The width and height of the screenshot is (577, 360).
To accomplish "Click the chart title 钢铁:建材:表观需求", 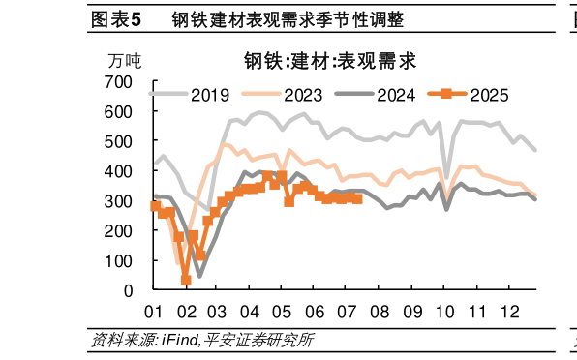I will [x=329, y=61].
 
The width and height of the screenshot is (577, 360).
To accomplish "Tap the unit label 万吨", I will [x=125, y=61].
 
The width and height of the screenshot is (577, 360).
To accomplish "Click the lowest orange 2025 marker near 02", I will [x=186, y=281].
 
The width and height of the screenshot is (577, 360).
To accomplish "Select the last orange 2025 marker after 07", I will [x=358, y=198].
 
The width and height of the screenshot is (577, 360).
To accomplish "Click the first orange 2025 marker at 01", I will [x=155, y=206].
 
